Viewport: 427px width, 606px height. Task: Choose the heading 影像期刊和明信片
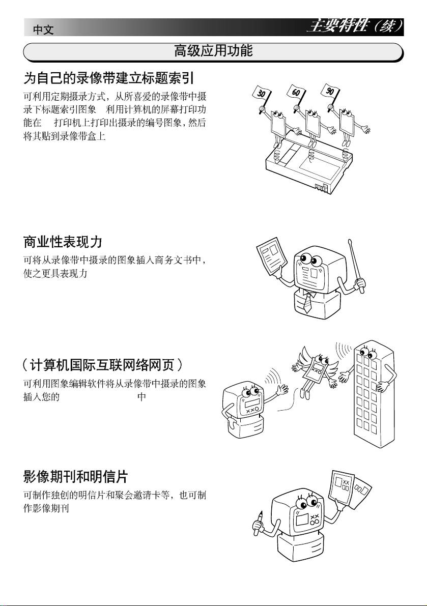(x=75, y=477)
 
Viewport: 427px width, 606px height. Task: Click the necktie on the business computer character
(x=307, y=302)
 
